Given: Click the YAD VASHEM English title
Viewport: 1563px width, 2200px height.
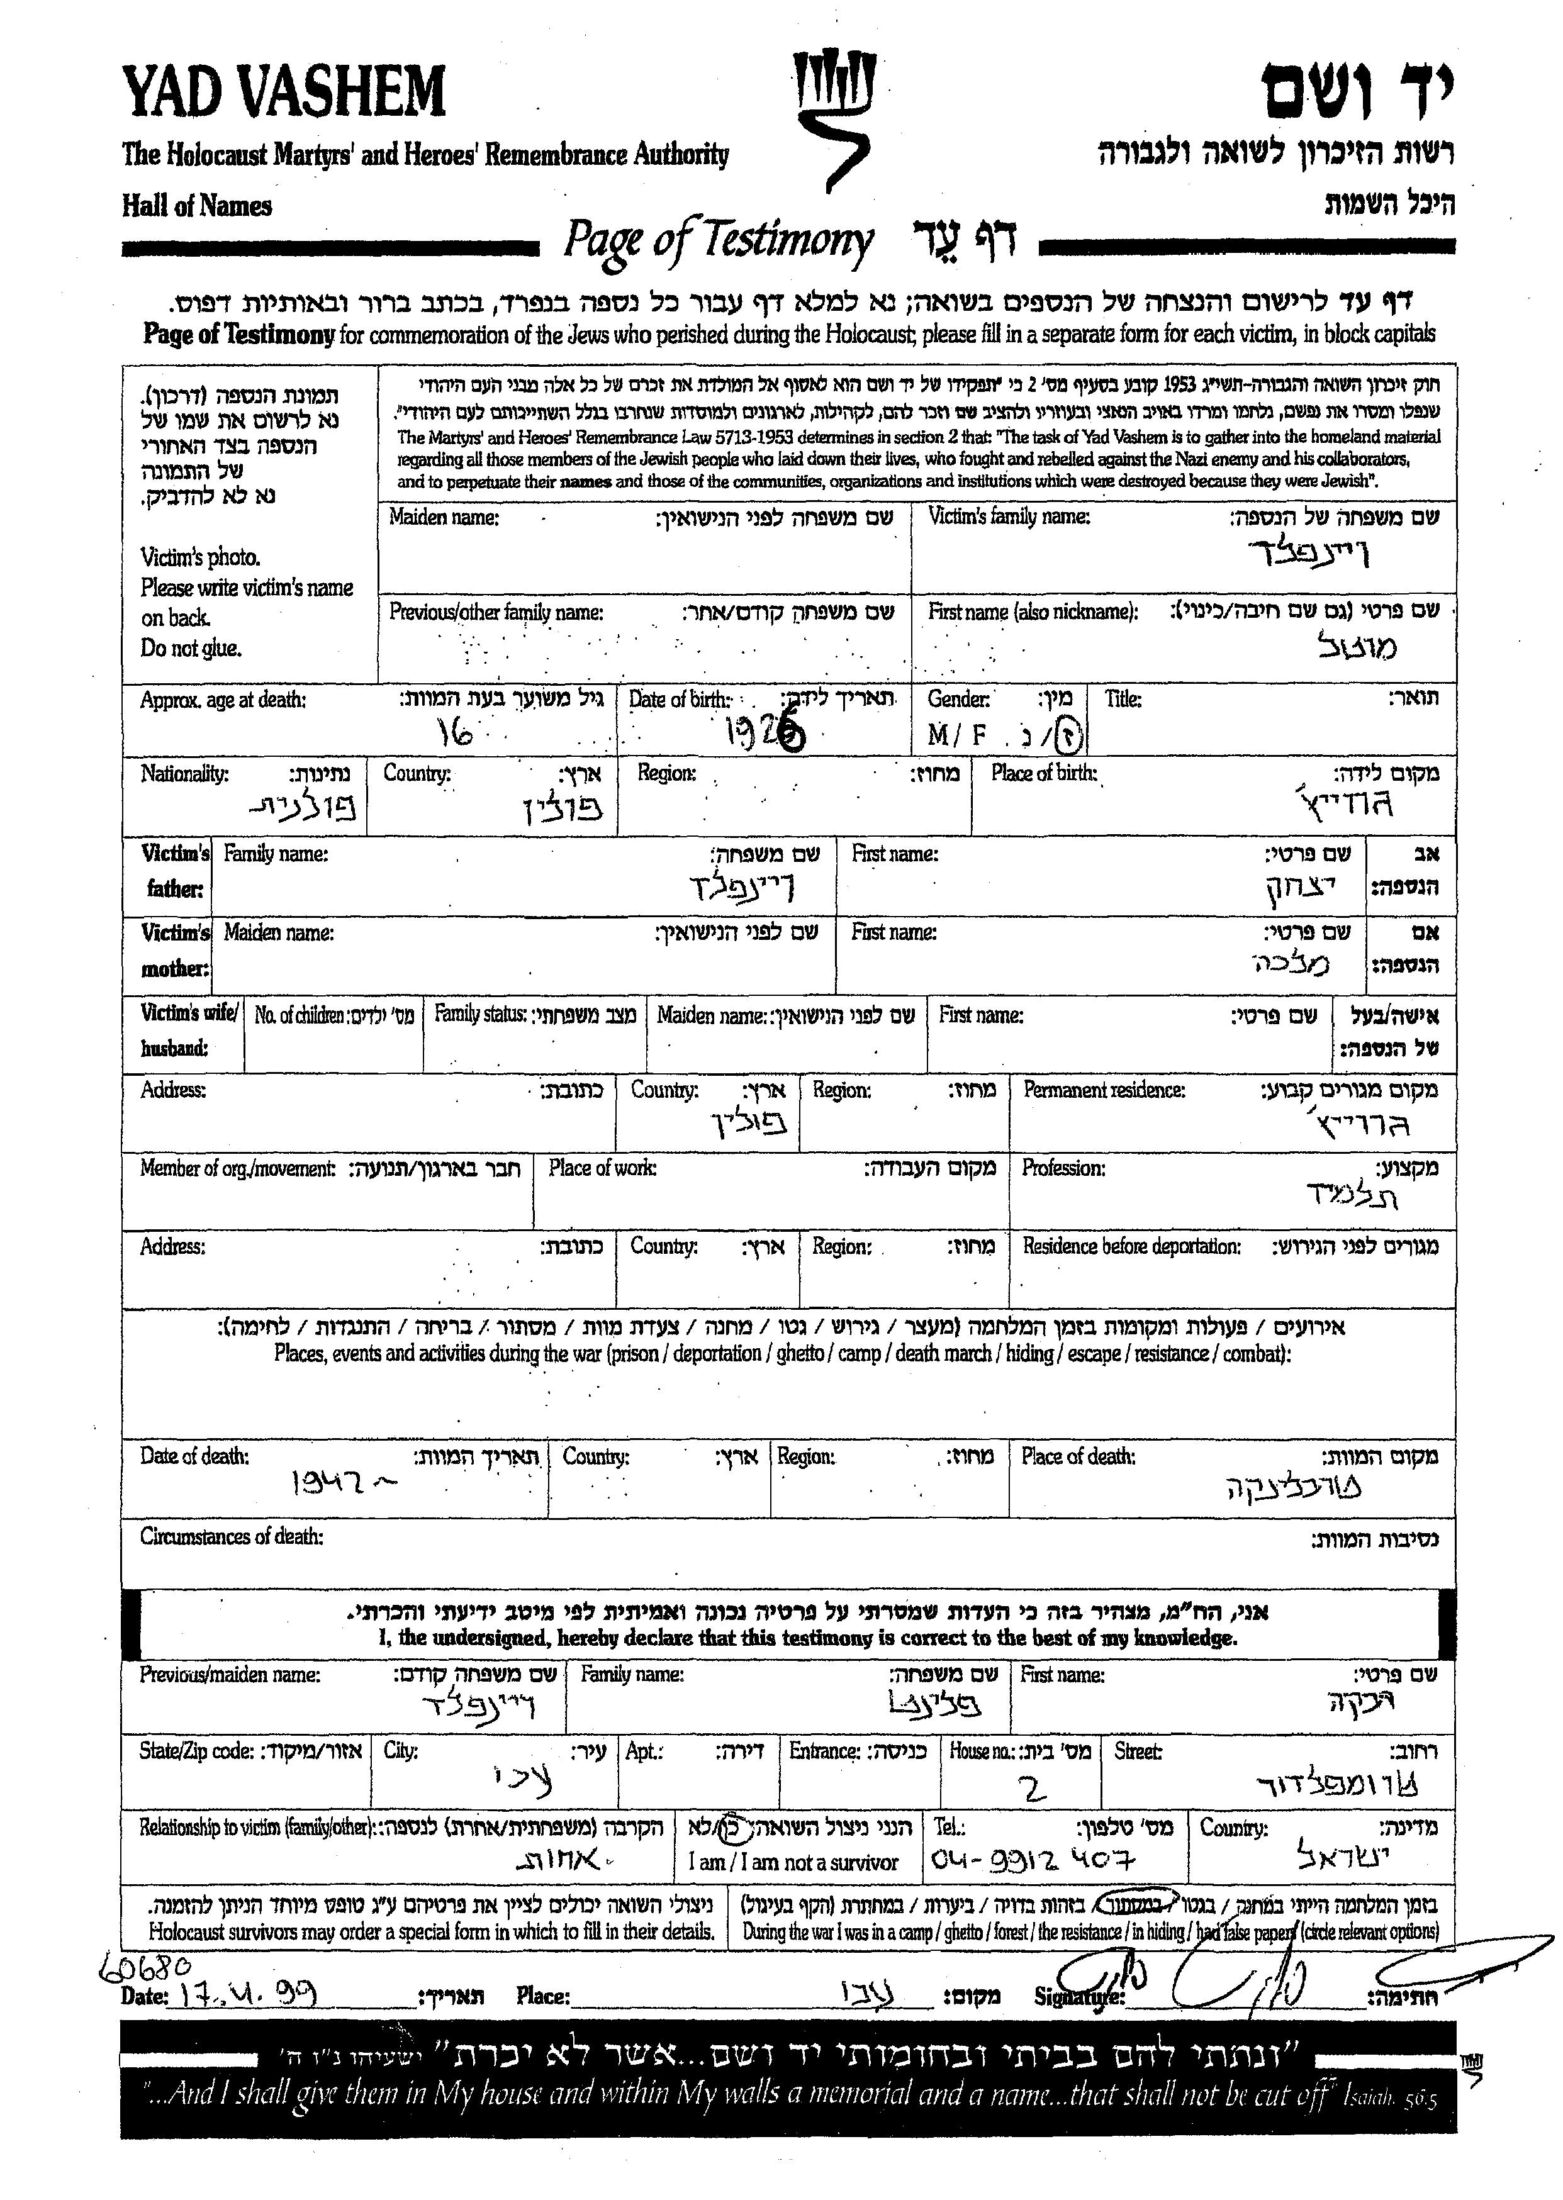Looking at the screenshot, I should pos(284,92).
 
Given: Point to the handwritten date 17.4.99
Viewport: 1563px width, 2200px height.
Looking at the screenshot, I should pos(245,1993).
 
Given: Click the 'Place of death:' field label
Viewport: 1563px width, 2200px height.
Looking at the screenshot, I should pos(1078,1457).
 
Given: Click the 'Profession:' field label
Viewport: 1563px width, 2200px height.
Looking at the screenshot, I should pos(1063,1168).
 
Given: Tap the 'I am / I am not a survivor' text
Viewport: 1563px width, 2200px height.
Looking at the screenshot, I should pos(792,1862).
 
